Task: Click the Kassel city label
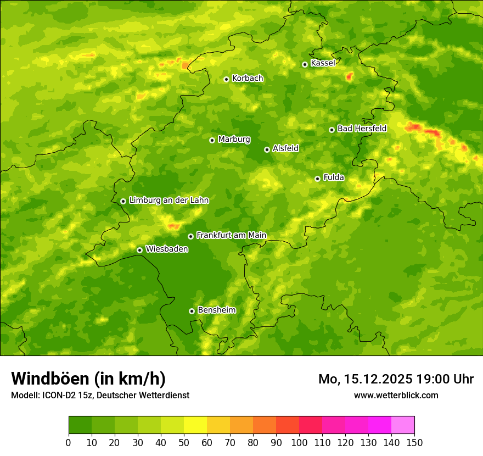323,63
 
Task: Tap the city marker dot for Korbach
226,79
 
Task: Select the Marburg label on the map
234,140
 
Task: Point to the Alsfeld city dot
267,149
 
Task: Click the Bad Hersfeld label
362,129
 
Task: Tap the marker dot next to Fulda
317,179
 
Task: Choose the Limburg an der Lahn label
169,201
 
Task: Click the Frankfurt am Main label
231,235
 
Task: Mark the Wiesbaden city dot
139,250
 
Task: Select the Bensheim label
216,310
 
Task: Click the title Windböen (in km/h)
88,379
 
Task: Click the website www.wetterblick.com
396,395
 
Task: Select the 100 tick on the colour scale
299,442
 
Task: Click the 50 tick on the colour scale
184,442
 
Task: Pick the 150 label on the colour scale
414,442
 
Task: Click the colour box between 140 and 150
403,425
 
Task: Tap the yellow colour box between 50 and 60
195,425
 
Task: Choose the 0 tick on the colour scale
69,442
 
